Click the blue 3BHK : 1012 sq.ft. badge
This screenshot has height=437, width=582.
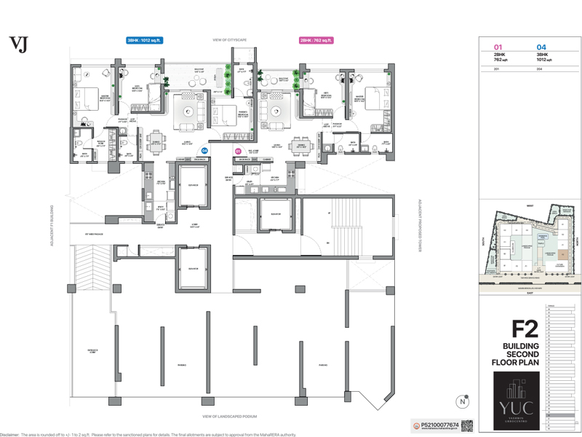145,41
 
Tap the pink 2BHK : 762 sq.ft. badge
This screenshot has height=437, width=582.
316,41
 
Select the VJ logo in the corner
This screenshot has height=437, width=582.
18,44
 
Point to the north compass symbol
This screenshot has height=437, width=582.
463,401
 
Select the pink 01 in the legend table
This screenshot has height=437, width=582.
498,47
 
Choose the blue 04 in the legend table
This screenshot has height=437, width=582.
541,47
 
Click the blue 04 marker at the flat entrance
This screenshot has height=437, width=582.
204,150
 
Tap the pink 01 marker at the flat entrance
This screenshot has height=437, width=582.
238,151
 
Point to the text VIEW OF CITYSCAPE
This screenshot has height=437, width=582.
229,40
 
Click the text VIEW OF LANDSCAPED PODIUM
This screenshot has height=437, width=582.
229,417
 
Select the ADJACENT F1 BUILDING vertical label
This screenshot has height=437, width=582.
52,225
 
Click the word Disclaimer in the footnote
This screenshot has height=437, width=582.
9,433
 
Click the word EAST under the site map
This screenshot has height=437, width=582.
530,294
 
